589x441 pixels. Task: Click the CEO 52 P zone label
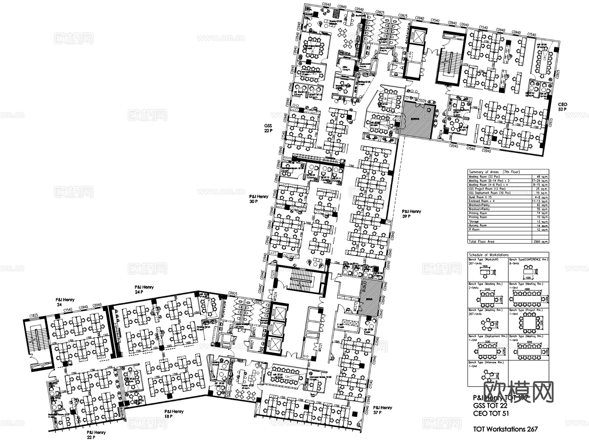point(563,107)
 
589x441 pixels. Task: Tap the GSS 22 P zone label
point(268,128)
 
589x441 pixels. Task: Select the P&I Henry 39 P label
point(411,214)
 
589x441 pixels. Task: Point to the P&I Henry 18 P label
point(174,414)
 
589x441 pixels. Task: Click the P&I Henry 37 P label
point(383,410)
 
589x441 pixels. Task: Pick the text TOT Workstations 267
point(505,429)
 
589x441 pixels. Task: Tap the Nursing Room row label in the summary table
point(478,225)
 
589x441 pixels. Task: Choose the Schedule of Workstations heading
point(489,255)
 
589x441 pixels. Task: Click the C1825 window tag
point(34,315)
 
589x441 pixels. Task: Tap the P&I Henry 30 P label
point(259,199)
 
